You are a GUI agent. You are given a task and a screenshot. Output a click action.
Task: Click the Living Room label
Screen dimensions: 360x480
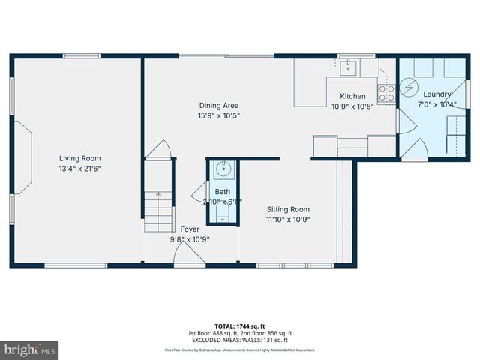(80, 158)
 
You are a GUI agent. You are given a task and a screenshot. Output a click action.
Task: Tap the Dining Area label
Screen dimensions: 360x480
(219, 106)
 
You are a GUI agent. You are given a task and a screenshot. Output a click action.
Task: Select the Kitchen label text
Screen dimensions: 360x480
(352, 96)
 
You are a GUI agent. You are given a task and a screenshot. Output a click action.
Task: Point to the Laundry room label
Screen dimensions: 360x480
(436, 94)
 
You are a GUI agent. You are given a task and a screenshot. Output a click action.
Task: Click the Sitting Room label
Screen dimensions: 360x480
(288, 209)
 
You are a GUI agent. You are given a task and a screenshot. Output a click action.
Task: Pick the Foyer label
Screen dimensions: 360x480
(190, 229)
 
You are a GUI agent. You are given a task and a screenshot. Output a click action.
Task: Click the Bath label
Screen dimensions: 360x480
(223, 192)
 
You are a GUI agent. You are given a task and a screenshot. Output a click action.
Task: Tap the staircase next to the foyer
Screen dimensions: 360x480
(159, 211)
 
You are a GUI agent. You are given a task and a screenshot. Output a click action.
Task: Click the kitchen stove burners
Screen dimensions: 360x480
(387, 93)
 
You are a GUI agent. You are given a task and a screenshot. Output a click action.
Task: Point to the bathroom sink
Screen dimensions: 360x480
(223, 170)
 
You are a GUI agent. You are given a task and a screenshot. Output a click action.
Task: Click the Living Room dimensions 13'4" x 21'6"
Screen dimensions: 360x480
(80, 169)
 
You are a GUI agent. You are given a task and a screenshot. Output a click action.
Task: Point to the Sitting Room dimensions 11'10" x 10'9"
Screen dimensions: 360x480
(288, 220)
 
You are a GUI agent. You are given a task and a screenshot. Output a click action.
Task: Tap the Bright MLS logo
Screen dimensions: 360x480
(30, 349)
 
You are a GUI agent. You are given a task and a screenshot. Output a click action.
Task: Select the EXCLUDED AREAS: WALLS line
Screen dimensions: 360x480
(240, 339)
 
